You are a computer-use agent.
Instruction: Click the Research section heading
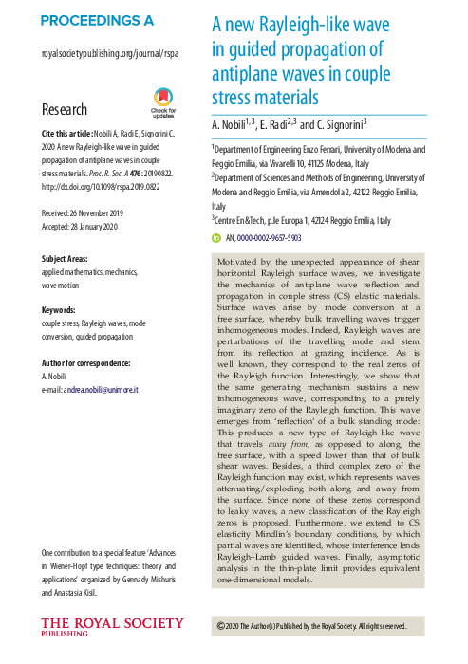pos(66,108)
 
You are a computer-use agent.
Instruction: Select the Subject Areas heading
pos(72,259)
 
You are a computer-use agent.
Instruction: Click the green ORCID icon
pos(216,239)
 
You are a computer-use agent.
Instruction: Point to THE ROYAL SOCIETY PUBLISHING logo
pos(112,627)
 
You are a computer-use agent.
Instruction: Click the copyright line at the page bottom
pos(311,626)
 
